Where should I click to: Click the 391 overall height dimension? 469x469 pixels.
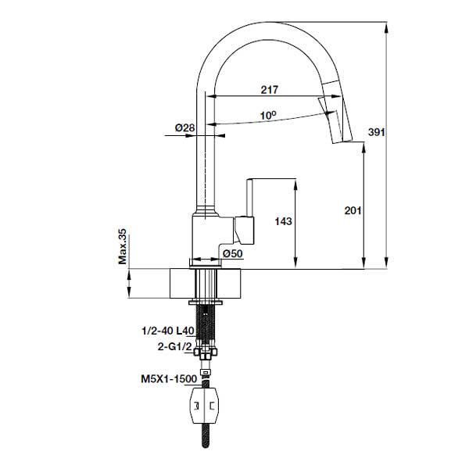click(x=377, y=133)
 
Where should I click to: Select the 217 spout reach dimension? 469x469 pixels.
click(x=267, y=90)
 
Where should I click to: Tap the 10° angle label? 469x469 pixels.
click(x=268, y=115)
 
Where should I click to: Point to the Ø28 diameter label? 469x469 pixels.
click(x=184, y=127)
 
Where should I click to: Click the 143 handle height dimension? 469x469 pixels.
click(x=283, y=222)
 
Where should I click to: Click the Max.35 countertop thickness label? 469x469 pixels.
click(x=123, y=248)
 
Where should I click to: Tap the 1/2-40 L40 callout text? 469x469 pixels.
click(x=166, y=331)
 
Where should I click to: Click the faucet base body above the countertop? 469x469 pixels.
click(x=211, y=238)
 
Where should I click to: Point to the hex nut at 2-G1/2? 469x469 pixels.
click(x=206, y=353)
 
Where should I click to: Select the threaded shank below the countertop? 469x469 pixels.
click(x=206, y=320)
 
